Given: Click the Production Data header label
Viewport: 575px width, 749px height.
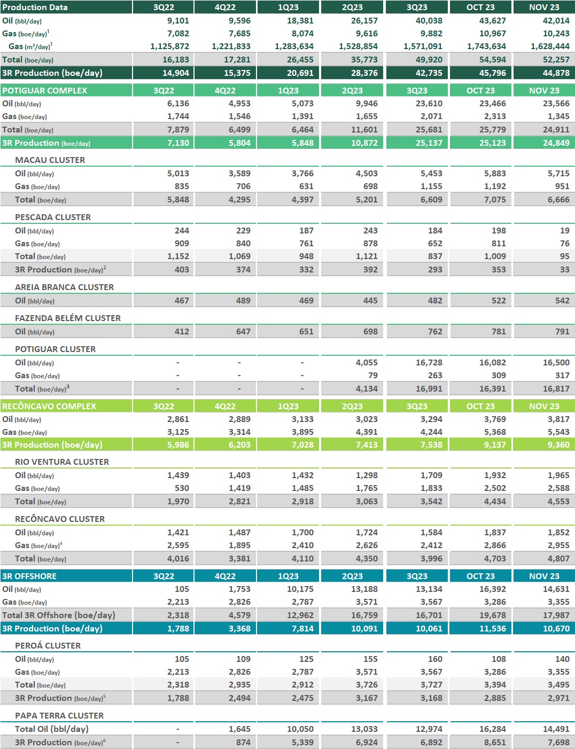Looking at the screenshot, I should tap(35, 7).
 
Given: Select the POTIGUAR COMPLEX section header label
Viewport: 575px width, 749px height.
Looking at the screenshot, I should tap(44, 91).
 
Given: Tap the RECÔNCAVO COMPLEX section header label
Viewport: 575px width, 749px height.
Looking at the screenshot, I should tap(49, 407).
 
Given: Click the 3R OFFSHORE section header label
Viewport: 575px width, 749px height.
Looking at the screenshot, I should tap(29, 576).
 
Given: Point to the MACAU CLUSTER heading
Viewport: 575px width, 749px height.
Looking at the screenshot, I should tap(50, 160).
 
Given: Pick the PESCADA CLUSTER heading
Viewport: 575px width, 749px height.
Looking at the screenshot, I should tap(53, 217).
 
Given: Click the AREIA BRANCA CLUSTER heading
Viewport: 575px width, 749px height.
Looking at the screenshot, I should tap(64, 287).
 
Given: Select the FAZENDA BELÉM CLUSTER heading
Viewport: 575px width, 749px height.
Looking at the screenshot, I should tap(68, 318).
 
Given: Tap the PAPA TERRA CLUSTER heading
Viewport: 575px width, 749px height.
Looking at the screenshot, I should tap(59, 716).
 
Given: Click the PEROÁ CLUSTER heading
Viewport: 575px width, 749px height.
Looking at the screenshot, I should tap(48, 646).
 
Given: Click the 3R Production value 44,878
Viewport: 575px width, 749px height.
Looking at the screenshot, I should tap(556, 73).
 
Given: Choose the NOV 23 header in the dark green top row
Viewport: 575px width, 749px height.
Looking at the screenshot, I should tap(544, 7).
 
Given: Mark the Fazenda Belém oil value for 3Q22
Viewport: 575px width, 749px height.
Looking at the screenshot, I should tap(182, 332).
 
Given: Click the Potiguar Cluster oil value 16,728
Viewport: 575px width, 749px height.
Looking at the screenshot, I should tap(429, 363).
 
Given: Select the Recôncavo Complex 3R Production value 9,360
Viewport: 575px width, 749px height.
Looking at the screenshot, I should tap(558, 445).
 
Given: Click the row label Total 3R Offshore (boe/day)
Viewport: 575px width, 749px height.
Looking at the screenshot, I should tap(59, 615).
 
